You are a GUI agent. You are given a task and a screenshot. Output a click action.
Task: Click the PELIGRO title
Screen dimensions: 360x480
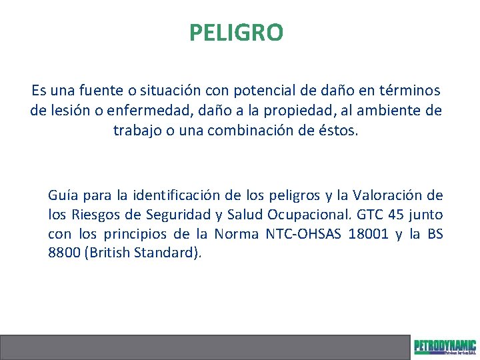[x=236, y=32]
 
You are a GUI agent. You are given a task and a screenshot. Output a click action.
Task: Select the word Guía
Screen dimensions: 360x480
[x=62, y=195]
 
